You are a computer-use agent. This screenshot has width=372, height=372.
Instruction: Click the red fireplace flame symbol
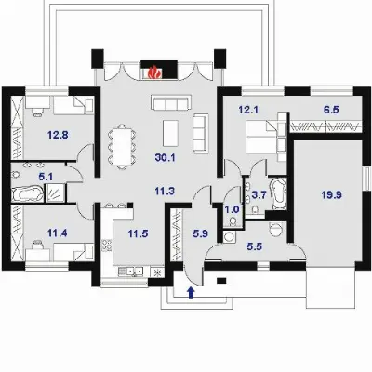coord(154,73)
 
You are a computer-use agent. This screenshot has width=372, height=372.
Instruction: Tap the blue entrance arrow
coord(192,292)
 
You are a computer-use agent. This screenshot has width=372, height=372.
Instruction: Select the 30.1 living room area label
coord(166,158)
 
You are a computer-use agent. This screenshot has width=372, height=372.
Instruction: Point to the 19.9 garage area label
coord(332,195)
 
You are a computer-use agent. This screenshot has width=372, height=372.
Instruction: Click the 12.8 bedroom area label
coord(58,135)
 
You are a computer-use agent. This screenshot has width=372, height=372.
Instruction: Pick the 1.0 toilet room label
coord(232,210)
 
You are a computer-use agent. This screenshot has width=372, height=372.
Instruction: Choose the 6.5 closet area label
coord(331,110)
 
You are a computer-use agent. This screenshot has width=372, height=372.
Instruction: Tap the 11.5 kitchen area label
coord(138,233)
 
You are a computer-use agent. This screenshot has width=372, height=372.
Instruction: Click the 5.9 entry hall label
coord(200,233)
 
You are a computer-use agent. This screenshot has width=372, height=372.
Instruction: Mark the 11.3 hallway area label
coord(165,192)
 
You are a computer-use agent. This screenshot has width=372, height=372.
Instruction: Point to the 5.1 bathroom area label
coord(46,177)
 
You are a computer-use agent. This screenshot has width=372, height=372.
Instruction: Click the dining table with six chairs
coord(122,146)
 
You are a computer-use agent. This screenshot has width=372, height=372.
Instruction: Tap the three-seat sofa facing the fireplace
coord(169,102)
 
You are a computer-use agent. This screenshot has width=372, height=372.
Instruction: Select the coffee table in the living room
coord(170,133)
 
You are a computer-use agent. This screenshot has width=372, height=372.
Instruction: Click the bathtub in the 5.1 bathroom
coord(28,193)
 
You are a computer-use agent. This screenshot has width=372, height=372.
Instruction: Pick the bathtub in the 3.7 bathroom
coord(278,193)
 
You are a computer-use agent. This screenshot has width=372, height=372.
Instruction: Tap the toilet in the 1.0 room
coord(232,220)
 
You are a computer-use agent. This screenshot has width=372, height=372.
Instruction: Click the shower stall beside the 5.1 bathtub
coord(56,193)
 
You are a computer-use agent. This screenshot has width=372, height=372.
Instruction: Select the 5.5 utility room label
coord(255,246)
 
